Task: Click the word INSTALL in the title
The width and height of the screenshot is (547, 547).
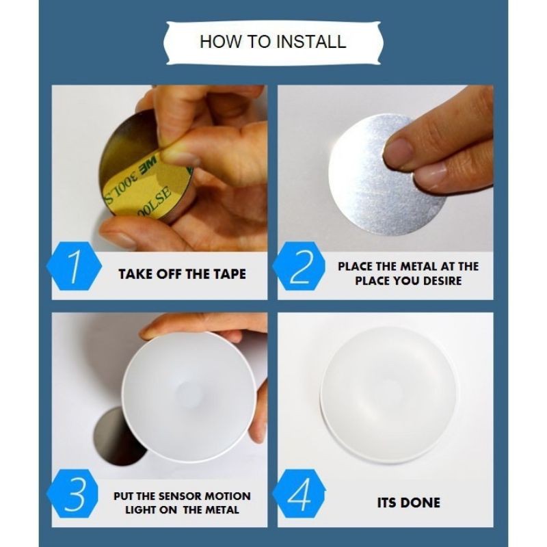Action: tap(311, 42)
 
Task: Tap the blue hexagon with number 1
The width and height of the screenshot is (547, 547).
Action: tap(74, 266)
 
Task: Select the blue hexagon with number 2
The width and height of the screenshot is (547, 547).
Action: tap(299, 266)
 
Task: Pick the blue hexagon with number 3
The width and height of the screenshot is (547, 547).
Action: tap(72, 493)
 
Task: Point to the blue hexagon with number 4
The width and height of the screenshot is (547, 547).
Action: tap(299, 493)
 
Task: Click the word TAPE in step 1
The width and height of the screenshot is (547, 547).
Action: tap(230, 274)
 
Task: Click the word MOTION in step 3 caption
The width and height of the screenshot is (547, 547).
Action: tap(228, 496)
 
